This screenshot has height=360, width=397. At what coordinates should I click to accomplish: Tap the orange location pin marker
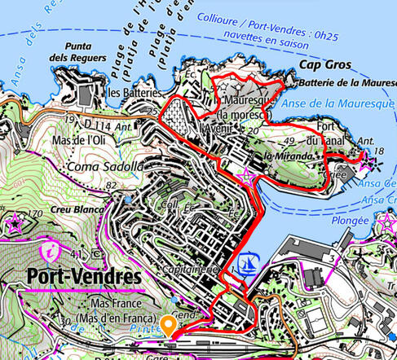[169, 325]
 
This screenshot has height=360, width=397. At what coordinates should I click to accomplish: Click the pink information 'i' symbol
[51, 248]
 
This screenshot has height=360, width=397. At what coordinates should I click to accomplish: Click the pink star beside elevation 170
[14, 220]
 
